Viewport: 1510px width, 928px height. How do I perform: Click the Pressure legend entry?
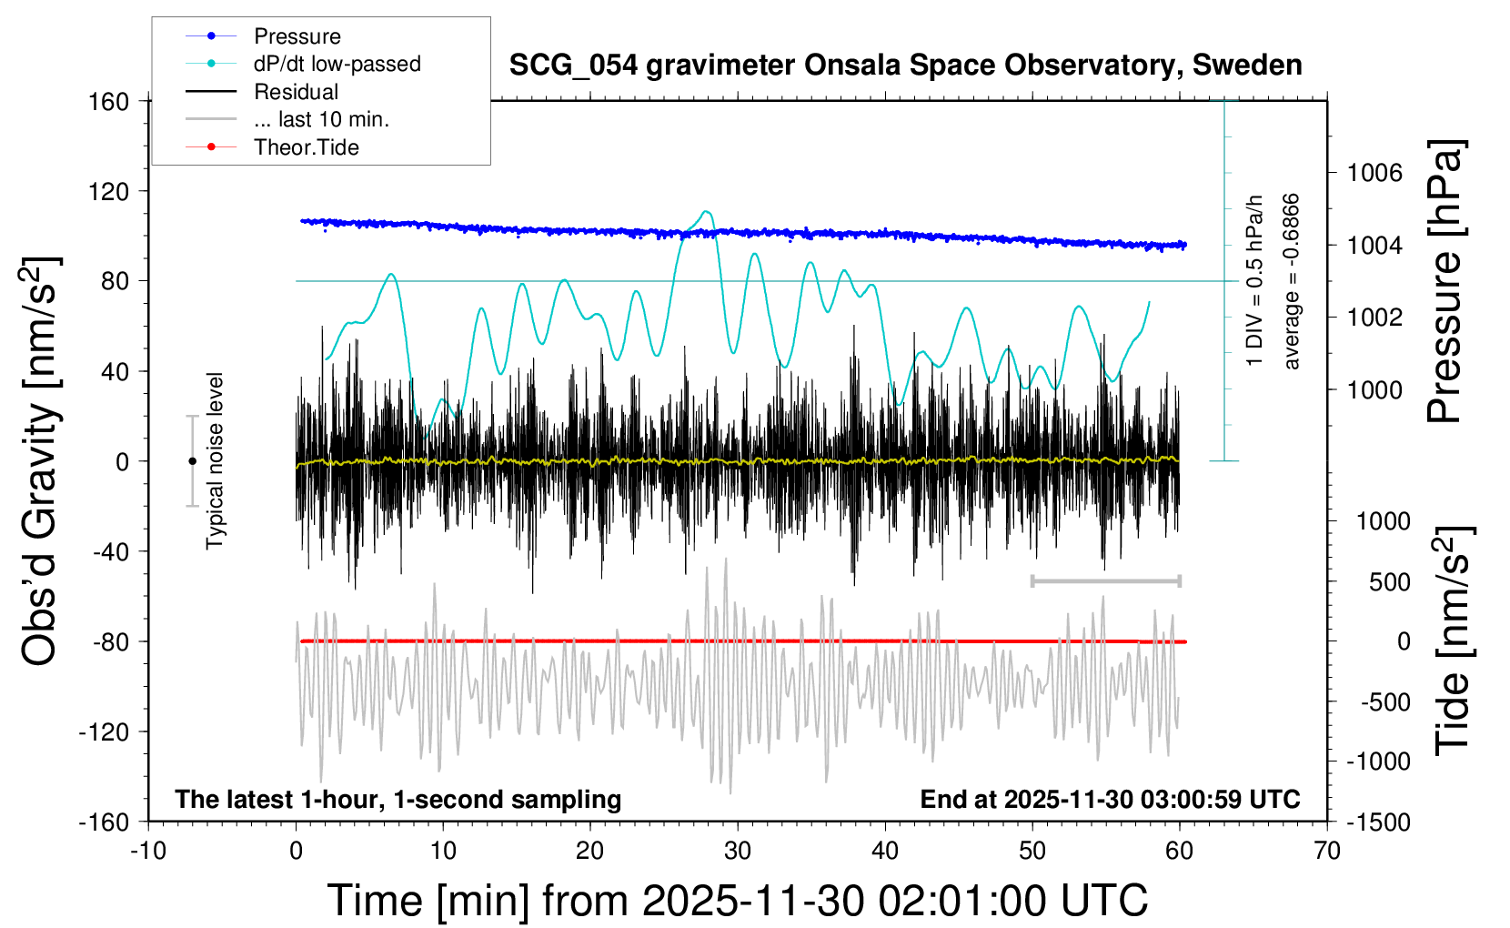[297, 36]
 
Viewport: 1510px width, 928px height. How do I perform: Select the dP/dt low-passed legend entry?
[337, 64]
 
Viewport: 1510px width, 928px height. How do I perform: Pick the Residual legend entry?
[296, 92]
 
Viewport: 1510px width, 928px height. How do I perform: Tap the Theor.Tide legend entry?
[306, 147]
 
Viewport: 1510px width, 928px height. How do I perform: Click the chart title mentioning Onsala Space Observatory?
[905, 66]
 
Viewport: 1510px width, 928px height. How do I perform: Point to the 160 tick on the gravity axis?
[109, 101]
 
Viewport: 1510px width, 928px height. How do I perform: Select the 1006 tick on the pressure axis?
[1374, 173]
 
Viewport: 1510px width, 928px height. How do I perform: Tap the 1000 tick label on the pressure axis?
[1374, 389]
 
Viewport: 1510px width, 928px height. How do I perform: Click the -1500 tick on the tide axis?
[1379, 822]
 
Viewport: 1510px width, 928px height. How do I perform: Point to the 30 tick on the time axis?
[738, 852]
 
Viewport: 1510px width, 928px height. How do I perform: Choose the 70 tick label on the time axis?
[1327, 852]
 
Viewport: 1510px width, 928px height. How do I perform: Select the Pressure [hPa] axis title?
[1445, 282]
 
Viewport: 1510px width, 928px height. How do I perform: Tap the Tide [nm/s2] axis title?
[1453, 641]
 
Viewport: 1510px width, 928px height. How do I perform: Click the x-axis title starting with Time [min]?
[737, 901]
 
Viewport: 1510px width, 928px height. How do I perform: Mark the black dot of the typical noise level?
[192, 461]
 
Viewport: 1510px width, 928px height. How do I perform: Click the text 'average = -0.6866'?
[1291, 282]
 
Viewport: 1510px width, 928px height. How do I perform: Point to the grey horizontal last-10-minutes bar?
[1105, 580]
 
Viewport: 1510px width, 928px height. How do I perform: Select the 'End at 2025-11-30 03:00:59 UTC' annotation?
[1110, 800]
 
